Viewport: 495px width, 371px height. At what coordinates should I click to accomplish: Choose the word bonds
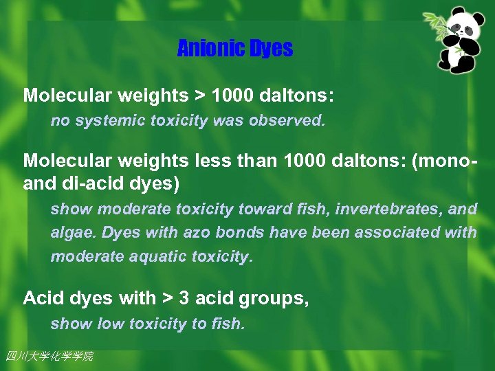pos(240,233)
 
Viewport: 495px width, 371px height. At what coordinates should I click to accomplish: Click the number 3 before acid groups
pos(185,298)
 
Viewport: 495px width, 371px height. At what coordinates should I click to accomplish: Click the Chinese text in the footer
pos(49,356)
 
